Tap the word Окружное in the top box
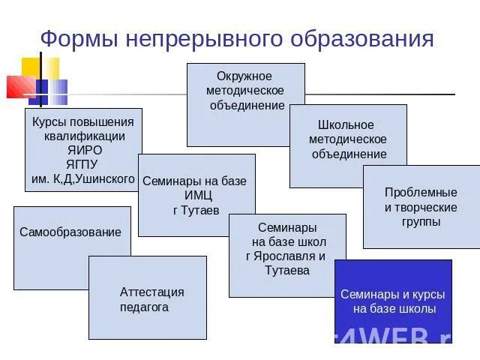tap(244, 76)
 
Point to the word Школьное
tap(346, 125)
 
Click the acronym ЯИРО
tap(85, 151)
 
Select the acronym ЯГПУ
tap(85, 165)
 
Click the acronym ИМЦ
tap(196, 196)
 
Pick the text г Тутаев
tap(196, 210)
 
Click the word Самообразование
tap(70, 232)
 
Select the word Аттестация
tap(151, 292)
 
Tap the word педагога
tap(144, 307)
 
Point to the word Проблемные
tap(421, 192)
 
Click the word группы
tap(421, 221)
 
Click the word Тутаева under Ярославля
tap(287, 270)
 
